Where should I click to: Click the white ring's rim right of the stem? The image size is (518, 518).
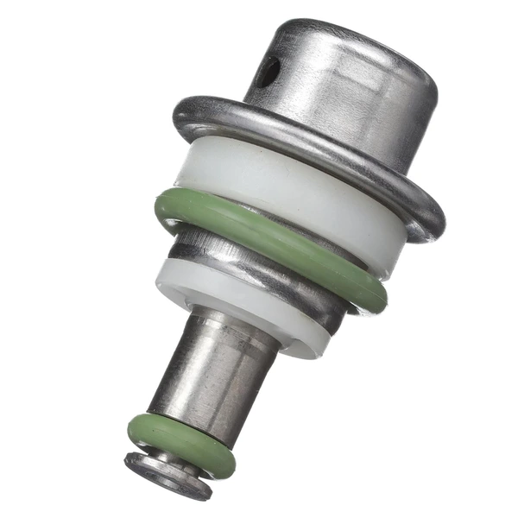click(x=302, y=341)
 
